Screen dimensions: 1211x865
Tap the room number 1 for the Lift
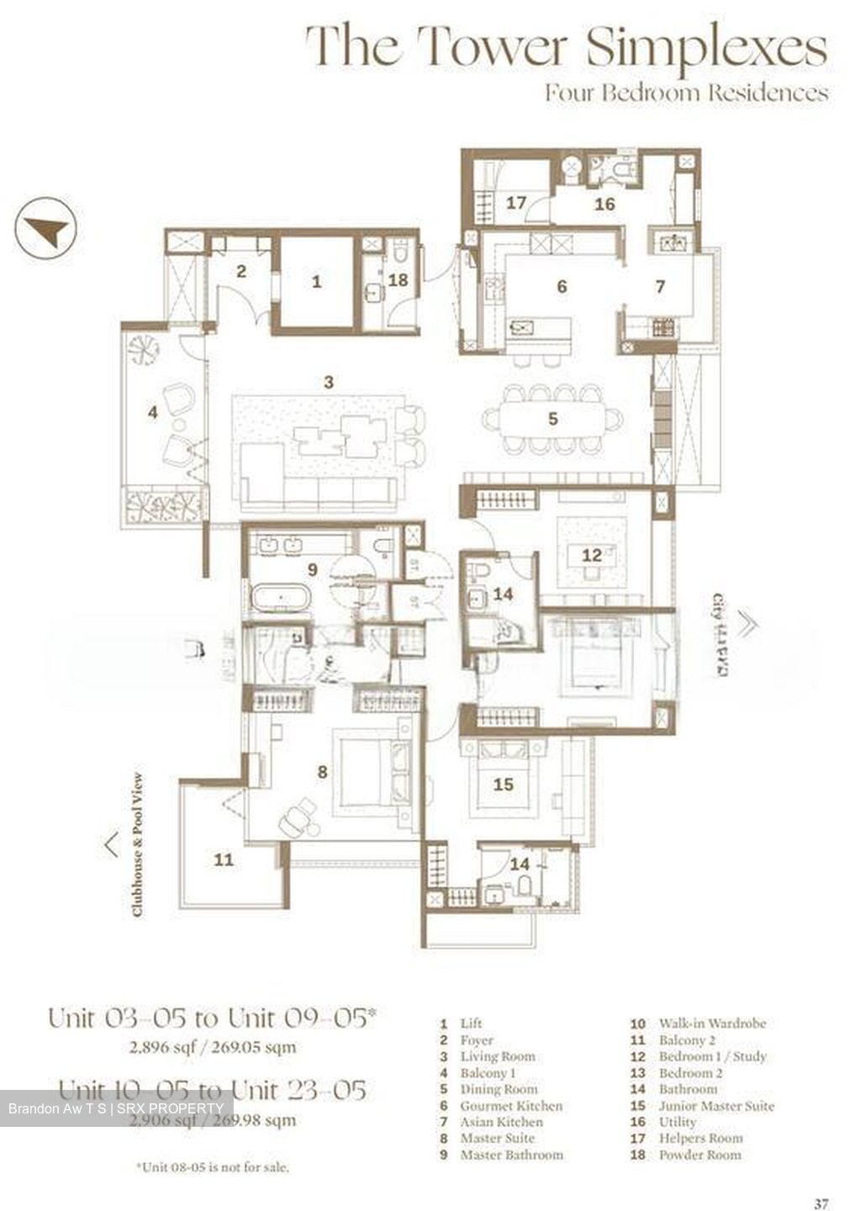(x=316, y=282)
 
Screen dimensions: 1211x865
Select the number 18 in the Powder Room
(x=398, y=279)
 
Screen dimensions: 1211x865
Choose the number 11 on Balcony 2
(x=224, y=859)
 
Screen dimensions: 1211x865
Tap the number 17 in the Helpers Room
(x=515, y=203)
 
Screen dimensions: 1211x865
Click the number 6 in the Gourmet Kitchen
(x=562, y=287)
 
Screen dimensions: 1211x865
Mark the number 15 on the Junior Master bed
(x=503, y=784)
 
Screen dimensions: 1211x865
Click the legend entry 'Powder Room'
(x=699, y=1155)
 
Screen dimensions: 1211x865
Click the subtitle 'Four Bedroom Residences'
(x=686, y=92)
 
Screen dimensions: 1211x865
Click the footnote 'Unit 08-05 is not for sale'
(x=212, y=1167)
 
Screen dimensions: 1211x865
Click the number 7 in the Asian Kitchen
(x=660, y=287)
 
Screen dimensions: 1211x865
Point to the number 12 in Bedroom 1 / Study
(x=592, y=555)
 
